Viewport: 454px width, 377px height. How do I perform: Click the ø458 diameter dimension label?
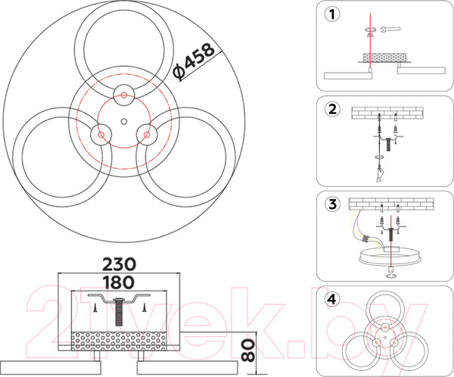pos(194,61)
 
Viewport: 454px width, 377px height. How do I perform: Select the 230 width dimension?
pos(119,264)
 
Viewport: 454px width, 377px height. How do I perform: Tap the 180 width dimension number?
pos(119,282)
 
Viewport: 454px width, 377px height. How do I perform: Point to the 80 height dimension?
pos(248,351)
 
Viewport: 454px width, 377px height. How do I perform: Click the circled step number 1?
pos(332,14)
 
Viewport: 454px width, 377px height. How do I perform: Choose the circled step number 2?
pos(332,109)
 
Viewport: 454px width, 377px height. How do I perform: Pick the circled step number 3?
pos(332,204)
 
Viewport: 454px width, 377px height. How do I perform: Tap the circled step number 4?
pos(332,299)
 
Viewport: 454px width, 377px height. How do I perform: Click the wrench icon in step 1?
pos(390,29)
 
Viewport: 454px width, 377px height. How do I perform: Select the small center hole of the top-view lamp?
pos(124,121)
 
